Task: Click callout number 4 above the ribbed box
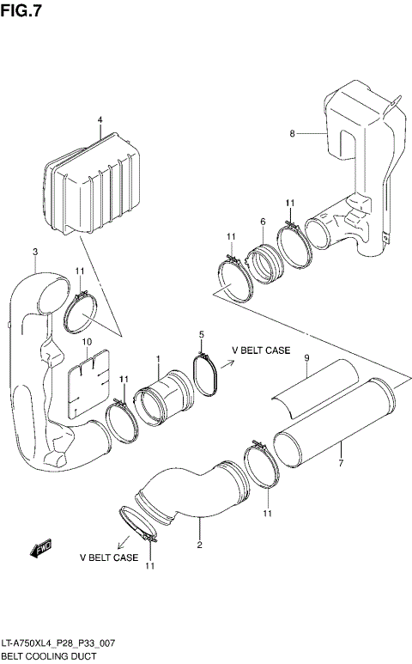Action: pos(100,119)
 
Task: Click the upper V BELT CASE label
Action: pos(261,350)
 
